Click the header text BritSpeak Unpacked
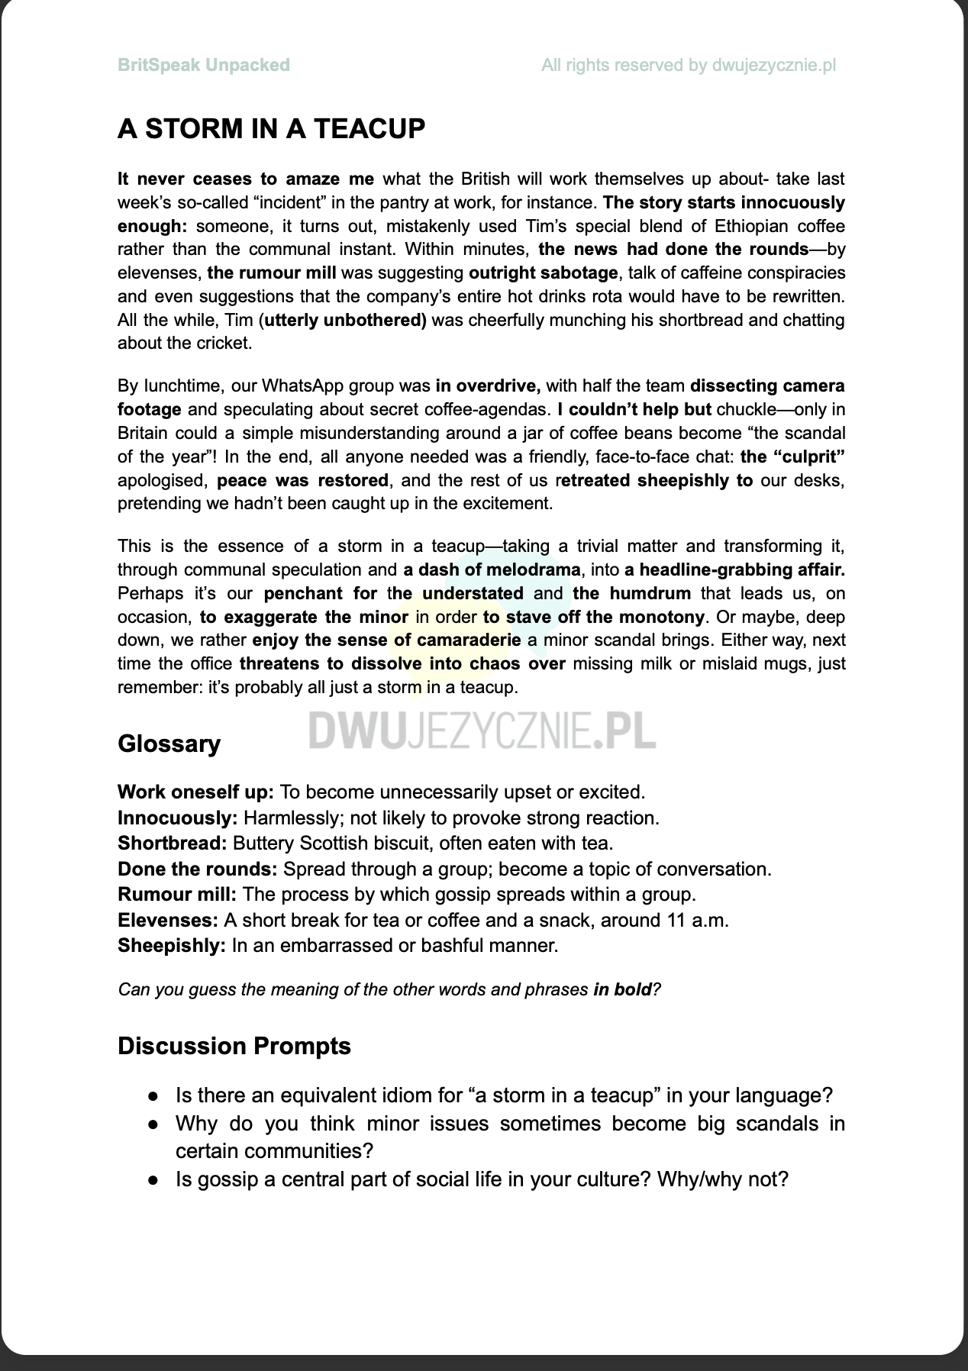point(203,65)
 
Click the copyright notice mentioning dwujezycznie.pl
point(688,65)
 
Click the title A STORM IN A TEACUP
point(271,128)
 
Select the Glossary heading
point(169,744)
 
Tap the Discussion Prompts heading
point(234,1045)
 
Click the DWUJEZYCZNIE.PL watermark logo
point(482,731)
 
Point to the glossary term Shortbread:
point(172,843)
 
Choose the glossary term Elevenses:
point(167,920)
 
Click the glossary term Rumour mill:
point(176,894)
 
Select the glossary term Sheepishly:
point(171,945)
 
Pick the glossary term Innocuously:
point(178,818)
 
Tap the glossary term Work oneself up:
point(195,792)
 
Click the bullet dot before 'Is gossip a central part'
point(154,1180)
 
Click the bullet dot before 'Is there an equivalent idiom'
point(154,1096)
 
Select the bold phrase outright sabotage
point(543,273)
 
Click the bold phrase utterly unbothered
point(344,320)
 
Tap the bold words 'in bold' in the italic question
point(622,989)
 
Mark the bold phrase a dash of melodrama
point(492,569)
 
